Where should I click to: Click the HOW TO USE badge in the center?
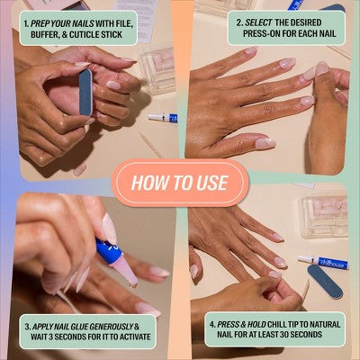(180, 182)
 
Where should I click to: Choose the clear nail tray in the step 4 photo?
(324, 216)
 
